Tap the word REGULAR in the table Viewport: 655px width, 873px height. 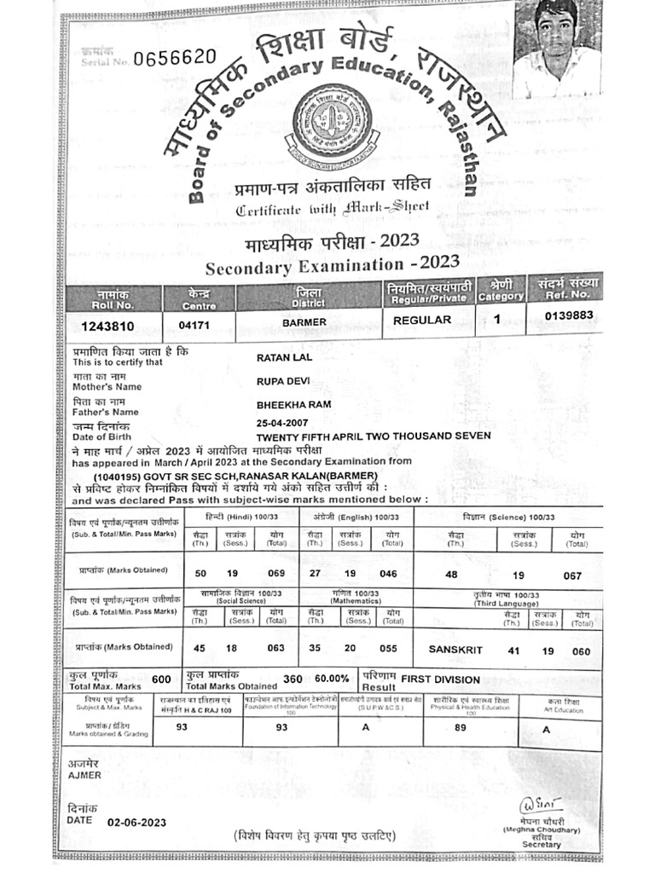tap(422, 321)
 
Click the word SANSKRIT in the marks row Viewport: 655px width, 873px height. tap(455, 650)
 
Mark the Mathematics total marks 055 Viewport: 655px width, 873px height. tap(388, 648)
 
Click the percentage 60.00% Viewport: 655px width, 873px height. tap(332, 679)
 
